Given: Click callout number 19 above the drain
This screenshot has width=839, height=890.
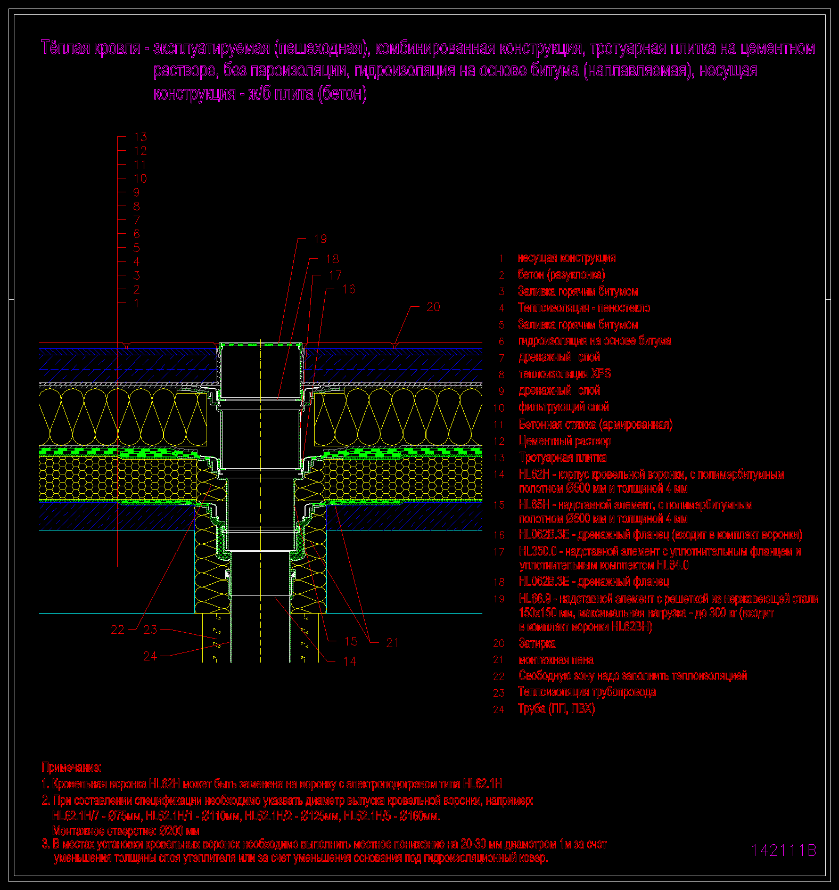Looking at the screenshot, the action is pyautogui.click(x=320, y=239).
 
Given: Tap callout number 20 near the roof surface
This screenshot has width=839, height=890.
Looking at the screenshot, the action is pyautogui.click(x=433, y=307).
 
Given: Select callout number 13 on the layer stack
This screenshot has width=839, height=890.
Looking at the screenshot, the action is pyautogui.click(x=140, y=137).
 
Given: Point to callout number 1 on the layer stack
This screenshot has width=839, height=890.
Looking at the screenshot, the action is pyautogui.click(x=137, y=304).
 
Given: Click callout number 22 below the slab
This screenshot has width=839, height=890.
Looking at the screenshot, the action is pyautogui.click(x=118, y=630).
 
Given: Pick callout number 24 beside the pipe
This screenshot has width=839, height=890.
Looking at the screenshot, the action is pyautogui.click(x=151, y=656).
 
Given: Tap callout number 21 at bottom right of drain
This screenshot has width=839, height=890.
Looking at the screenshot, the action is pyautogui.click(x=392, y=643).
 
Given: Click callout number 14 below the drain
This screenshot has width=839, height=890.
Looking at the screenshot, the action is pyautogui.click(x=350, y=662).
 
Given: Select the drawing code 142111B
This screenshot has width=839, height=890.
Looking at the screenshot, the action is pyautogui.click(x=783, y=851).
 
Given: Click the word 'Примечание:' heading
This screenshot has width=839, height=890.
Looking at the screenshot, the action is pyautogui.click(x=72, y=767).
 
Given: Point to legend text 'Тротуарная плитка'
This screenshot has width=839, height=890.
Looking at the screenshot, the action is pyautogui.click(x=563, y=458).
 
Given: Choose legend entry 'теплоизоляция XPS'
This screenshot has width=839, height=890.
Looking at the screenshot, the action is pyautogui.click(x=565, y=374).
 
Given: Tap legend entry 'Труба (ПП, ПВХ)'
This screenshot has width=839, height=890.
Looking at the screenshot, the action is pyautogui.click(x=556, y=709).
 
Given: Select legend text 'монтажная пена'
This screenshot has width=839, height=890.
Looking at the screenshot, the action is pyautogui.click(x=556, y=660).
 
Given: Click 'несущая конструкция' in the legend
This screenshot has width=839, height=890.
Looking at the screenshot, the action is pyautogui.click(x=566, y=258).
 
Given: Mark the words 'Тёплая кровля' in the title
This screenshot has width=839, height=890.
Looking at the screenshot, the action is pyautogui.click(x=91, y=48).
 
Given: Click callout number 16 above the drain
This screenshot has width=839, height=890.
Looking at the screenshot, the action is pyautogui.click(x=349, y=289).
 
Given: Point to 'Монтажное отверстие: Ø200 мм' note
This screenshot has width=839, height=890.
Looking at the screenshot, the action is pyautogui.click(x=126, y=831).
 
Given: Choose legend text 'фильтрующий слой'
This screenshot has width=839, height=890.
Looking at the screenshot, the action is pyautogui.click(x=564, y=407).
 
